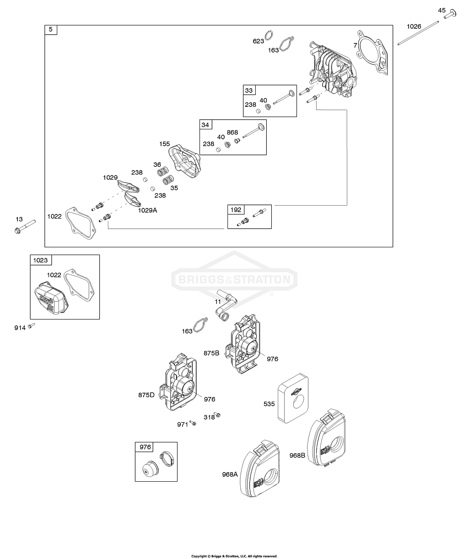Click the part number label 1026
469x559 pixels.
click(x=415, y=26)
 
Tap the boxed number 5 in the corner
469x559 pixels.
click(x=50, y=30)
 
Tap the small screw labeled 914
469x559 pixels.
click(x=32, y=325)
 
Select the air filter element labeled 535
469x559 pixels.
click(x=295, y=401)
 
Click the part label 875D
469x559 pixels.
click(x=146, y=395)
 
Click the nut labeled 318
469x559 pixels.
click(x=218, y=415)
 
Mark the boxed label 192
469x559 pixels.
click(x=237, y=210)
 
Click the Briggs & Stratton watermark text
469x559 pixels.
click(x=234, y=279)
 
